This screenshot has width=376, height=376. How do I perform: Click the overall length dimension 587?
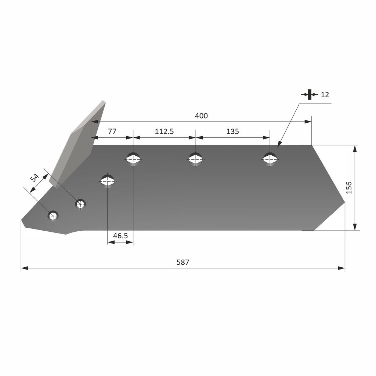point(183,262)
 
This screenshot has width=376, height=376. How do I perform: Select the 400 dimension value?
point(201,116)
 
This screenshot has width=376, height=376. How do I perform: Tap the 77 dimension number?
point(112,131)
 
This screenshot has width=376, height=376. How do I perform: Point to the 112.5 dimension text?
point(164,131)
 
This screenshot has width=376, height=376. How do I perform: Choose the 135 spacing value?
point(232,131)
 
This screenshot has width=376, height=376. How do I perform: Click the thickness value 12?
point(325,95)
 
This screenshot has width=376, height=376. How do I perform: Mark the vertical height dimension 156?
point(348,188)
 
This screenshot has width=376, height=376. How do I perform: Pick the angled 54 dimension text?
point(35,178)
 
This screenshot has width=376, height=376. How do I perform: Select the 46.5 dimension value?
point(120,236)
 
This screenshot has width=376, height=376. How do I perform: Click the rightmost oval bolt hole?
point(270,159)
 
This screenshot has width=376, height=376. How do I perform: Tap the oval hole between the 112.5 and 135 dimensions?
point(195,159)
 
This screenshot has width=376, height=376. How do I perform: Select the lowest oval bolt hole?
point(108,180)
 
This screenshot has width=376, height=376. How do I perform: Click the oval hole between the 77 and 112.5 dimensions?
point(133,159)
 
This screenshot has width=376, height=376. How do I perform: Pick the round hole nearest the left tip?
point(53,216)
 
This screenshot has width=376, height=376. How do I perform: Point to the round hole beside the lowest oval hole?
point(80,204)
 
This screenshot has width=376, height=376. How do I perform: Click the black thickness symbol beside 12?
point(310,94)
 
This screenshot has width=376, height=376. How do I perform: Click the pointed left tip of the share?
point(22,221)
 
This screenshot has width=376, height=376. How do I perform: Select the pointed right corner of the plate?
point(344,202)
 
